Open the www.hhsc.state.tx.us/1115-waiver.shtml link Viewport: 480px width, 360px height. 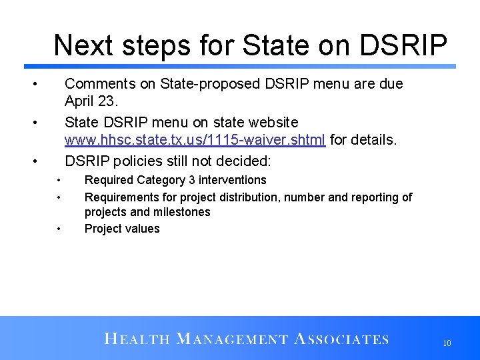(195, 140)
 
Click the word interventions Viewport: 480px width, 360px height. (232, 180)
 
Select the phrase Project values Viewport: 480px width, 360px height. (122, 229)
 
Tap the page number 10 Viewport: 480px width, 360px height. (447, 343)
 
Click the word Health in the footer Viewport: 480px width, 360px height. (137, 339)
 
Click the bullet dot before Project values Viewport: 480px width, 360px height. (59, 229)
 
